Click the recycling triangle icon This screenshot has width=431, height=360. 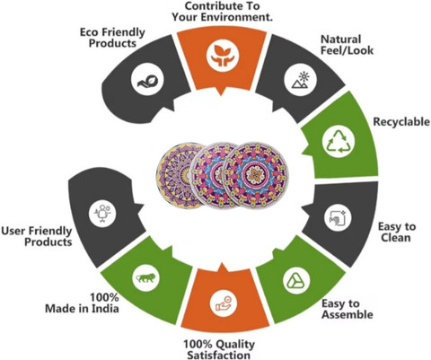[339, 141]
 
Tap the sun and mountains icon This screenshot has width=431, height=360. [300, 80]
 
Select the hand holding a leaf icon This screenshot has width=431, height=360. [147, 81]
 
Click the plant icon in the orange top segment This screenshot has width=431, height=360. [223, 56]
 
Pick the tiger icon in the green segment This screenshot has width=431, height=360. [145, 278]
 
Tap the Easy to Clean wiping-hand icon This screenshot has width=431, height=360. [338, 218]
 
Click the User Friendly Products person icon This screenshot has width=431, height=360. [102, 213]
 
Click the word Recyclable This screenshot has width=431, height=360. [401, 122]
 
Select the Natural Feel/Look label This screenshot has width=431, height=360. [347, 45]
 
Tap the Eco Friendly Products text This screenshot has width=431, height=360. [112, 38]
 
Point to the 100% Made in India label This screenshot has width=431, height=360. [82, 303]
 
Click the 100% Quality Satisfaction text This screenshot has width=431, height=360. [219, 349]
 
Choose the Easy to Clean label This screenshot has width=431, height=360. [397, 232]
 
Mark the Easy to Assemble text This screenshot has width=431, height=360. [347, 309]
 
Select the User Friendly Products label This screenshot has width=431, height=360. [37, 236]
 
